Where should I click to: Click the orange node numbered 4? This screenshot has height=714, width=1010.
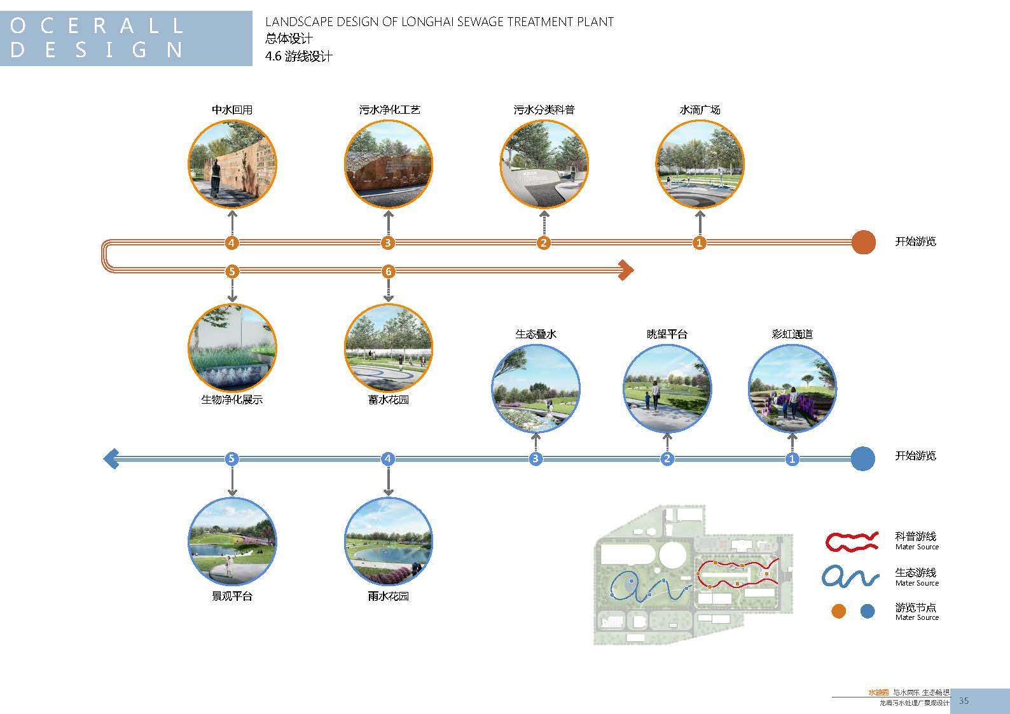(x=232, y=242)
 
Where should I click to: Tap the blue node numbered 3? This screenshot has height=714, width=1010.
(x=536, y=458)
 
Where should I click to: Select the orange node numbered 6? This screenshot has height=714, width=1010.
(x=388, y=271)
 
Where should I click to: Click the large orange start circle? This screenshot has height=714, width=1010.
(x=863, y=242)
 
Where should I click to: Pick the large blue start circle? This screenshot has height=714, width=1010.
(x=862, y=458)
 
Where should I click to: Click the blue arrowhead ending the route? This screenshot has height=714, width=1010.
(x=111, y=458)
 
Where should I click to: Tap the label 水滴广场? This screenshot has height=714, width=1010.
(x=700, y=110)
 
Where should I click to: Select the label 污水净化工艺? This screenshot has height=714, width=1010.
(x=389, y=110)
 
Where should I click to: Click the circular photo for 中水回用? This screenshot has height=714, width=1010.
(x=232, y=164)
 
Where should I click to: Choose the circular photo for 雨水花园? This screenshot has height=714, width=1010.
(x=388, y=542)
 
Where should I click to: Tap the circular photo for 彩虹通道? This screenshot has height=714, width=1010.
(x=792, y=388)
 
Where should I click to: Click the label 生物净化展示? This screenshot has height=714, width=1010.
(x=232, y=400)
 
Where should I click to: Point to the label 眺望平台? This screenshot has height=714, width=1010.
(x=667, y=334)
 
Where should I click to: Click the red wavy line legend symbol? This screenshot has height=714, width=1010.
(x=852, y=541)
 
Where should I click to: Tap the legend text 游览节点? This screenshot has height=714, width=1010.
(x=915, y=608)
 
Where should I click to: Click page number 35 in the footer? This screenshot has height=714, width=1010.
(x=964, y=701)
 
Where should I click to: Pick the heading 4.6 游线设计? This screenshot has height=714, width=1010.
(x=298, y=57)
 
